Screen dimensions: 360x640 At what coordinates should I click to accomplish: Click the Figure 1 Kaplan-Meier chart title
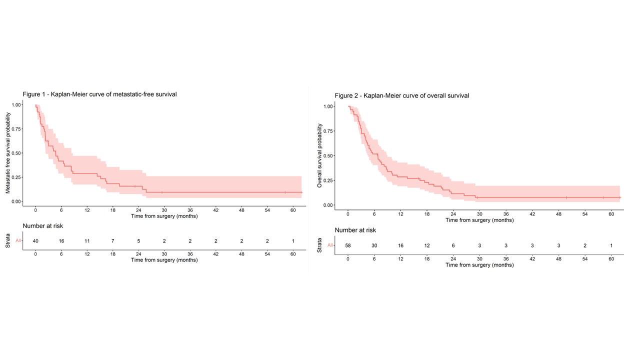point(99,94)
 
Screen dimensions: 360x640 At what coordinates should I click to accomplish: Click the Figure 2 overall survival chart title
point(401,95)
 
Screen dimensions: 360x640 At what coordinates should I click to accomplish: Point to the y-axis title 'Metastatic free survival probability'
point(8,153)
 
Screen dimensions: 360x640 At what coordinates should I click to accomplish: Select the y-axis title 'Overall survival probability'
point(320,155)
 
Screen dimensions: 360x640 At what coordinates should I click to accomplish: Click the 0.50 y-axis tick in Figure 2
point(328,155)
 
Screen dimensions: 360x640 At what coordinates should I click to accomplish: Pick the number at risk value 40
point(35,241)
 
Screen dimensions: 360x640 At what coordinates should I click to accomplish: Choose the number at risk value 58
point(348,245)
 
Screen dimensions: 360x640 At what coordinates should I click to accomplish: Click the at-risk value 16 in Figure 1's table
point(61,241)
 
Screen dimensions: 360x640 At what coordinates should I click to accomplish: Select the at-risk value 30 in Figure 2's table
point(374,245)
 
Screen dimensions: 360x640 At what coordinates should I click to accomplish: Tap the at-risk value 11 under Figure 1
point(87,241)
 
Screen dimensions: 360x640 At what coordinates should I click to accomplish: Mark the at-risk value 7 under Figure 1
point(113,241)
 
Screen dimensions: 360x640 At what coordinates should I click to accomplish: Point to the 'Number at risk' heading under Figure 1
point(42,226)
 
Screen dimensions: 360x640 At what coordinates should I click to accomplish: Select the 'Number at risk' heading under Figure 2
point(355,230)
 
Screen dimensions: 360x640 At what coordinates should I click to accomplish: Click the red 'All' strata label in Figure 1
point(18,241)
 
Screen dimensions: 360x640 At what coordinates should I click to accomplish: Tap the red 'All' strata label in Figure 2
point(330,245)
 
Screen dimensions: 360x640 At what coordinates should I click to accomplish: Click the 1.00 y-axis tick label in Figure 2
point(328,106)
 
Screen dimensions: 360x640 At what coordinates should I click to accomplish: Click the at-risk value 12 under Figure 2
point(427,245)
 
